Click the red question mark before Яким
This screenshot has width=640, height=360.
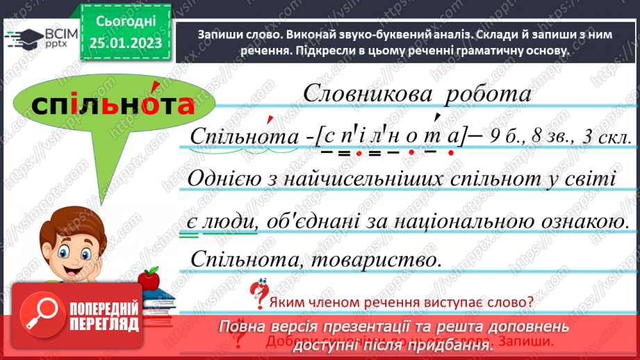point(260,294)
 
